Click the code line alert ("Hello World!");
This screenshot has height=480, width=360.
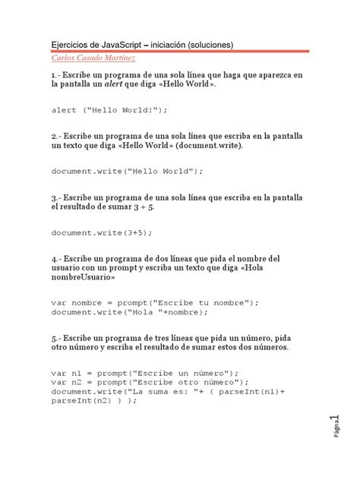coord(109,110)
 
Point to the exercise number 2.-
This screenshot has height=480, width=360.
coord(57,135)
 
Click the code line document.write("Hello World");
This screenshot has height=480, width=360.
coord(128,171)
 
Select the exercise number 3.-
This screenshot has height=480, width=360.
coord(57,196)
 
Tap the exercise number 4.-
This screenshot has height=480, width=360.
coord(57,257)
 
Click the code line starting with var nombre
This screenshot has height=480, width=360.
coord(155,302)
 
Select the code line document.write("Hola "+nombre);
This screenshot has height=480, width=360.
coord(127,311)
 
